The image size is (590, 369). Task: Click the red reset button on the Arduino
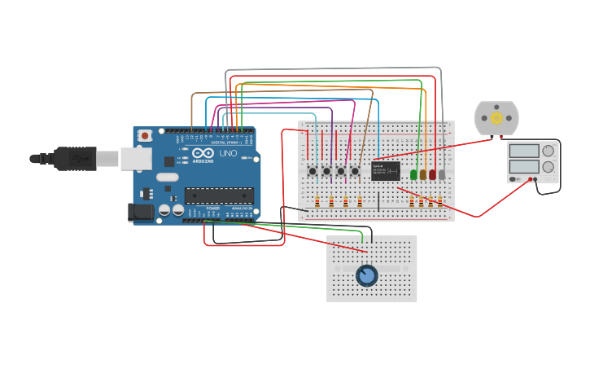[145, 135]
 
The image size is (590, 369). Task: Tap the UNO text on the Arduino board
[228, 153]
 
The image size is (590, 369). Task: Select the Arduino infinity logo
[203, 153]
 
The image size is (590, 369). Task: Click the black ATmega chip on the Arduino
[219, 195]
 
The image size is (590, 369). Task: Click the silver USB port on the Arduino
[136, 158]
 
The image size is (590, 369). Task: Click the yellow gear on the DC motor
[496, 118]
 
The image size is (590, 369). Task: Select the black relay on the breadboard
[386, 170]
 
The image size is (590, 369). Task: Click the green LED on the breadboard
[413, 174]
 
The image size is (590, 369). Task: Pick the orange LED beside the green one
[423, 174]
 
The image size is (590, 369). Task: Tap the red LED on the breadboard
[433, 174]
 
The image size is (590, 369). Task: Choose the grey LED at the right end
[442, 174]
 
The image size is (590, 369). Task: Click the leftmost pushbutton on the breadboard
[312, 171]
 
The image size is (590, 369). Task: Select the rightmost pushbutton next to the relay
[355, 171]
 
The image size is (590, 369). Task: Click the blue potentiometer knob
[366, 275]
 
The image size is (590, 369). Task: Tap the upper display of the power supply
[523, 151]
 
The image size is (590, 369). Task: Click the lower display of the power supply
[523, 167]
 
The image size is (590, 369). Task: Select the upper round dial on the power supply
[548, 151]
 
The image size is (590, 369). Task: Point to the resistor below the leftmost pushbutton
[317, 202]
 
